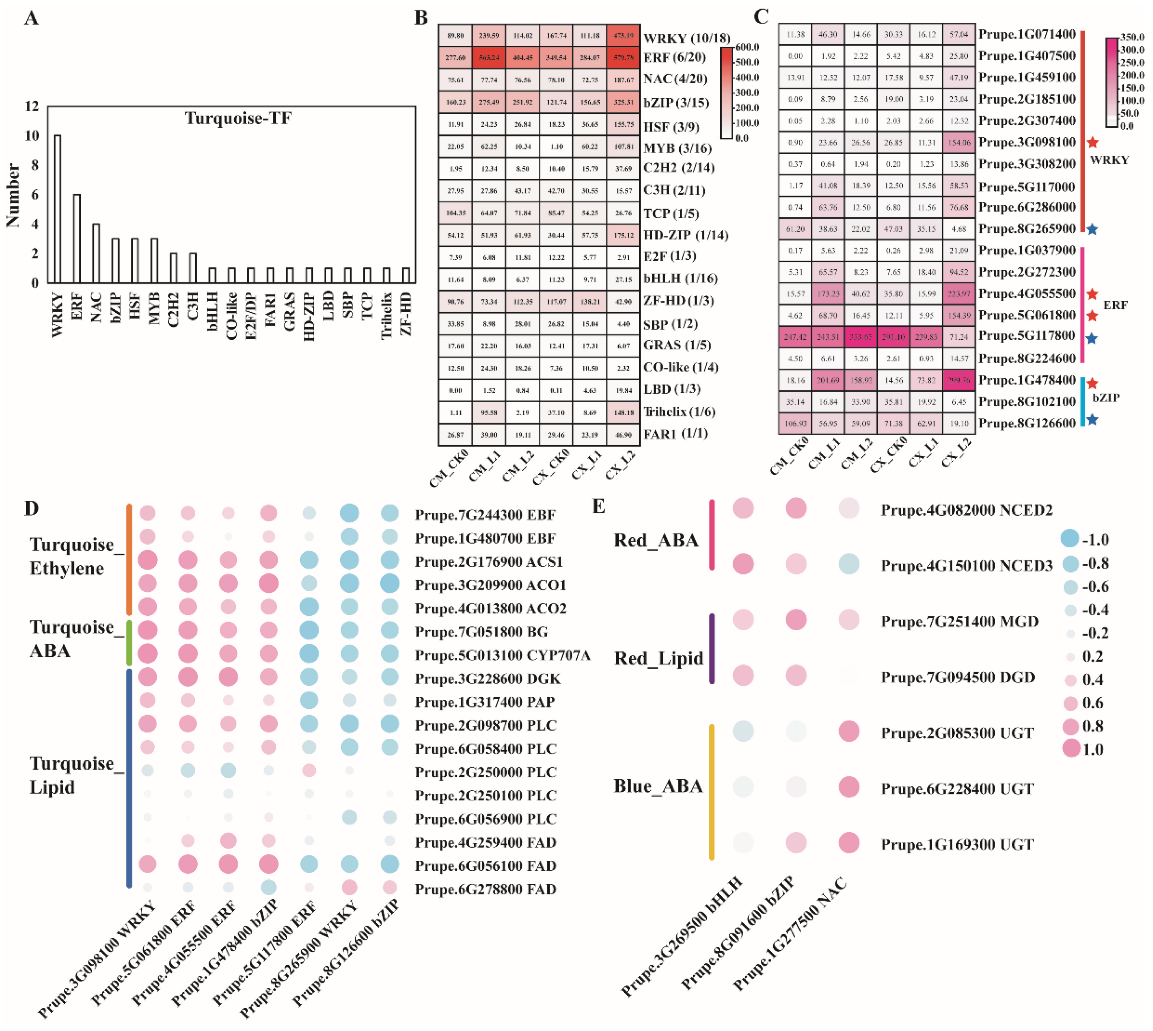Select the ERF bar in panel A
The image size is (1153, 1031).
tap(77, 238)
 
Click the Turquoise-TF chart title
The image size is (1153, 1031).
tap(238, 118)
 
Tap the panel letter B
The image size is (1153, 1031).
tap(421, 18)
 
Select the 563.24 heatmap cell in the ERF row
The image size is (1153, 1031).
tap(489, 57)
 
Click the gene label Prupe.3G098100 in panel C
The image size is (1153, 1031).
tap(1027, 142)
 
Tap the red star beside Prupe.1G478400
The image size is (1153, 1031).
tap(1092, 383)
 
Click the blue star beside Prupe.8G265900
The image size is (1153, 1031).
tap(1092, 229)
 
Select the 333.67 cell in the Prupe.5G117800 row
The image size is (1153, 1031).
tap(861, 337)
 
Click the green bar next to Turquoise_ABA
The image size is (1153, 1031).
tap(129, 642)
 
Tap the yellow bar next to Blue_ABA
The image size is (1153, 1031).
tap(712, 792)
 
